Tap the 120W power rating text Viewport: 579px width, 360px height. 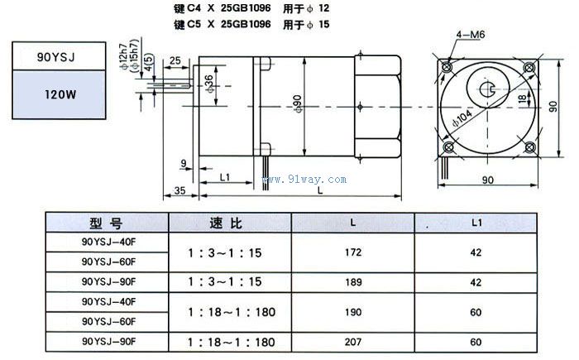point(60,94)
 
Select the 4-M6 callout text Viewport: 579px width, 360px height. point(470,35)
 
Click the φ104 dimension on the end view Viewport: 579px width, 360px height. point(462,118)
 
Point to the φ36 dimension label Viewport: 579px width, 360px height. point(209,84)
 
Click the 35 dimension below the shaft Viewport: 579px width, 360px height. point(179,190)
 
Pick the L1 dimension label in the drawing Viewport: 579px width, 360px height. point(224,177)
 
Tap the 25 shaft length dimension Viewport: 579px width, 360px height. point(175,60)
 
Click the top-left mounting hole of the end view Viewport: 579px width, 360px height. point(447,67)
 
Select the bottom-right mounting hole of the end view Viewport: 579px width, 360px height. point(530,147)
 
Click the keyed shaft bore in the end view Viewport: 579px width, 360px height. point(487,89)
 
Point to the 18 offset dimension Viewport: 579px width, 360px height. point(523,99)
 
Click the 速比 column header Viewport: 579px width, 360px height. point(226,223)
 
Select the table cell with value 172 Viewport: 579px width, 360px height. point(353,252)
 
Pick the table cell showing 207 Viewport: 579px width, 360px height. point(353,342)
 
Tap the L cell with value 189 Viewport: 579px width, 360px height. point(353,282)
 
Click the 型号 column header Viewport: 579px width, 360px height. point(106,223)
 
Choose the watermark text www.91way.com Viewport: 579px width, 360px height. point(304,180)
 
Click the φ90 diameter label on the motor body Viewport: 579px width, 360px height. point(298,103)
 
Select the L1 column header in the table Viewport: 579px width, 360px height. point(476,223)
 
